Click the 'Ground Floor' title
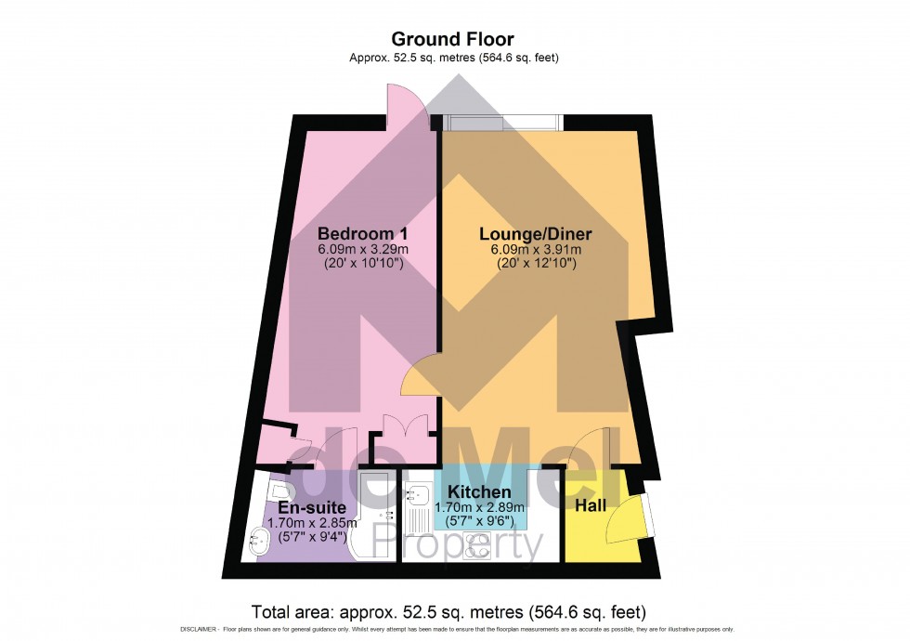click(452, 39)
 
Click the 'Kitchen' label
click(479, 491)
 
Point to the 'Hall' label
click(591, 506)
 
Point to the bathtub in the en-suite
click(371, 516)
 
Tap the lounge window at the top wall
click(501, 123)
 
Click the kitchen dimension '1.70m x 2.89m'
click(479, 507)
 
